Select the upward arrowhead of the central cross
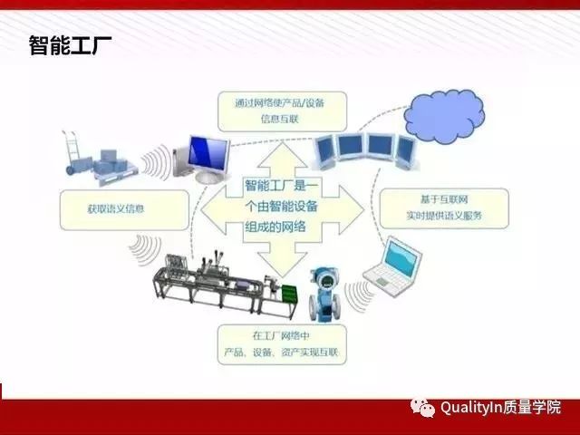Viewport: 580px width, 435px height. pos(282,154)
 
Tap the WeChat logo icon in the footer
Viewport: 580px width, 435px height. pos(423,409)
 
